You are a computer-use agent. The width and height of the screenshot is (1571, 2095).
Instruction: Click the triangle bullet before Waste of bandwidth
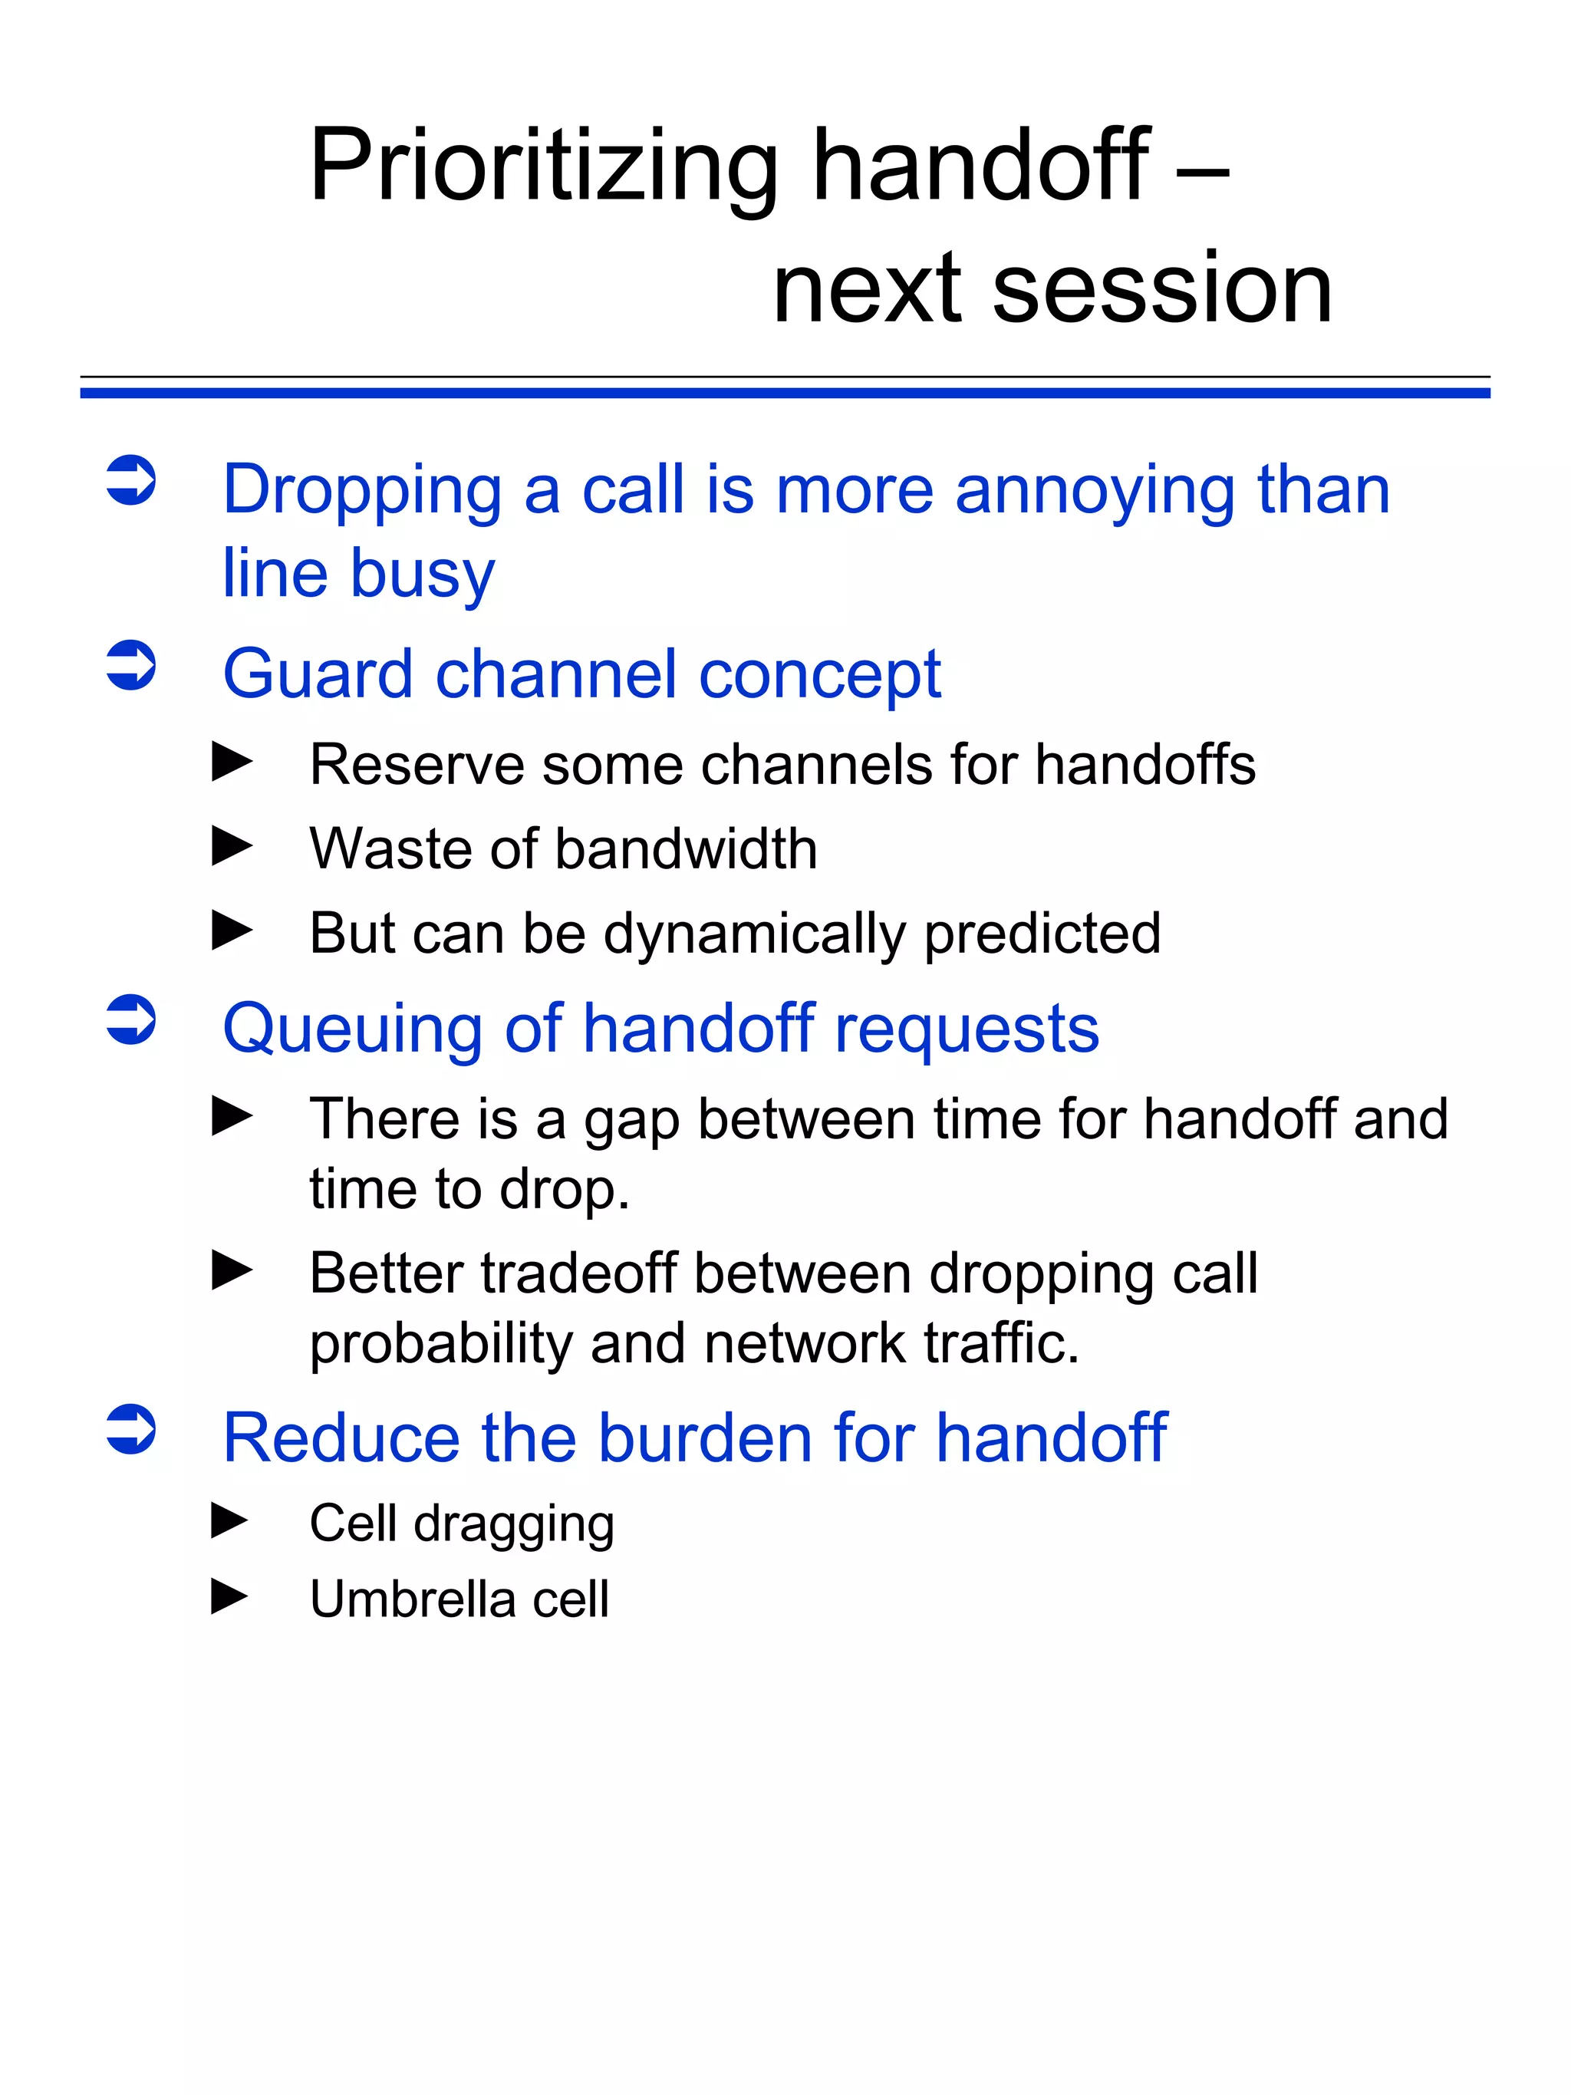click(232, 846)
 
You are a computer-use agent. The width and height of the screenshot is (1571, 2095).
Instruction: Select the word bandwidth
click(686, 848)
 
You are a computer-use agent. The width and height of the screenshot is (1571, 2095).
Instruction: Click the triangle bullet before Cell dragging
click(230, 1521)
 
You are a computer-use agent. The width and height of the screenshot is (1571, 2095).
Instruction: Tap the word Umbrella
click(412, 1599)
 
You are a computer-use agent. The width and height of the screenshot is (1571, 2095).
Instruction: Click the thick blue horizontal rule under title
click(785, 393)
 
